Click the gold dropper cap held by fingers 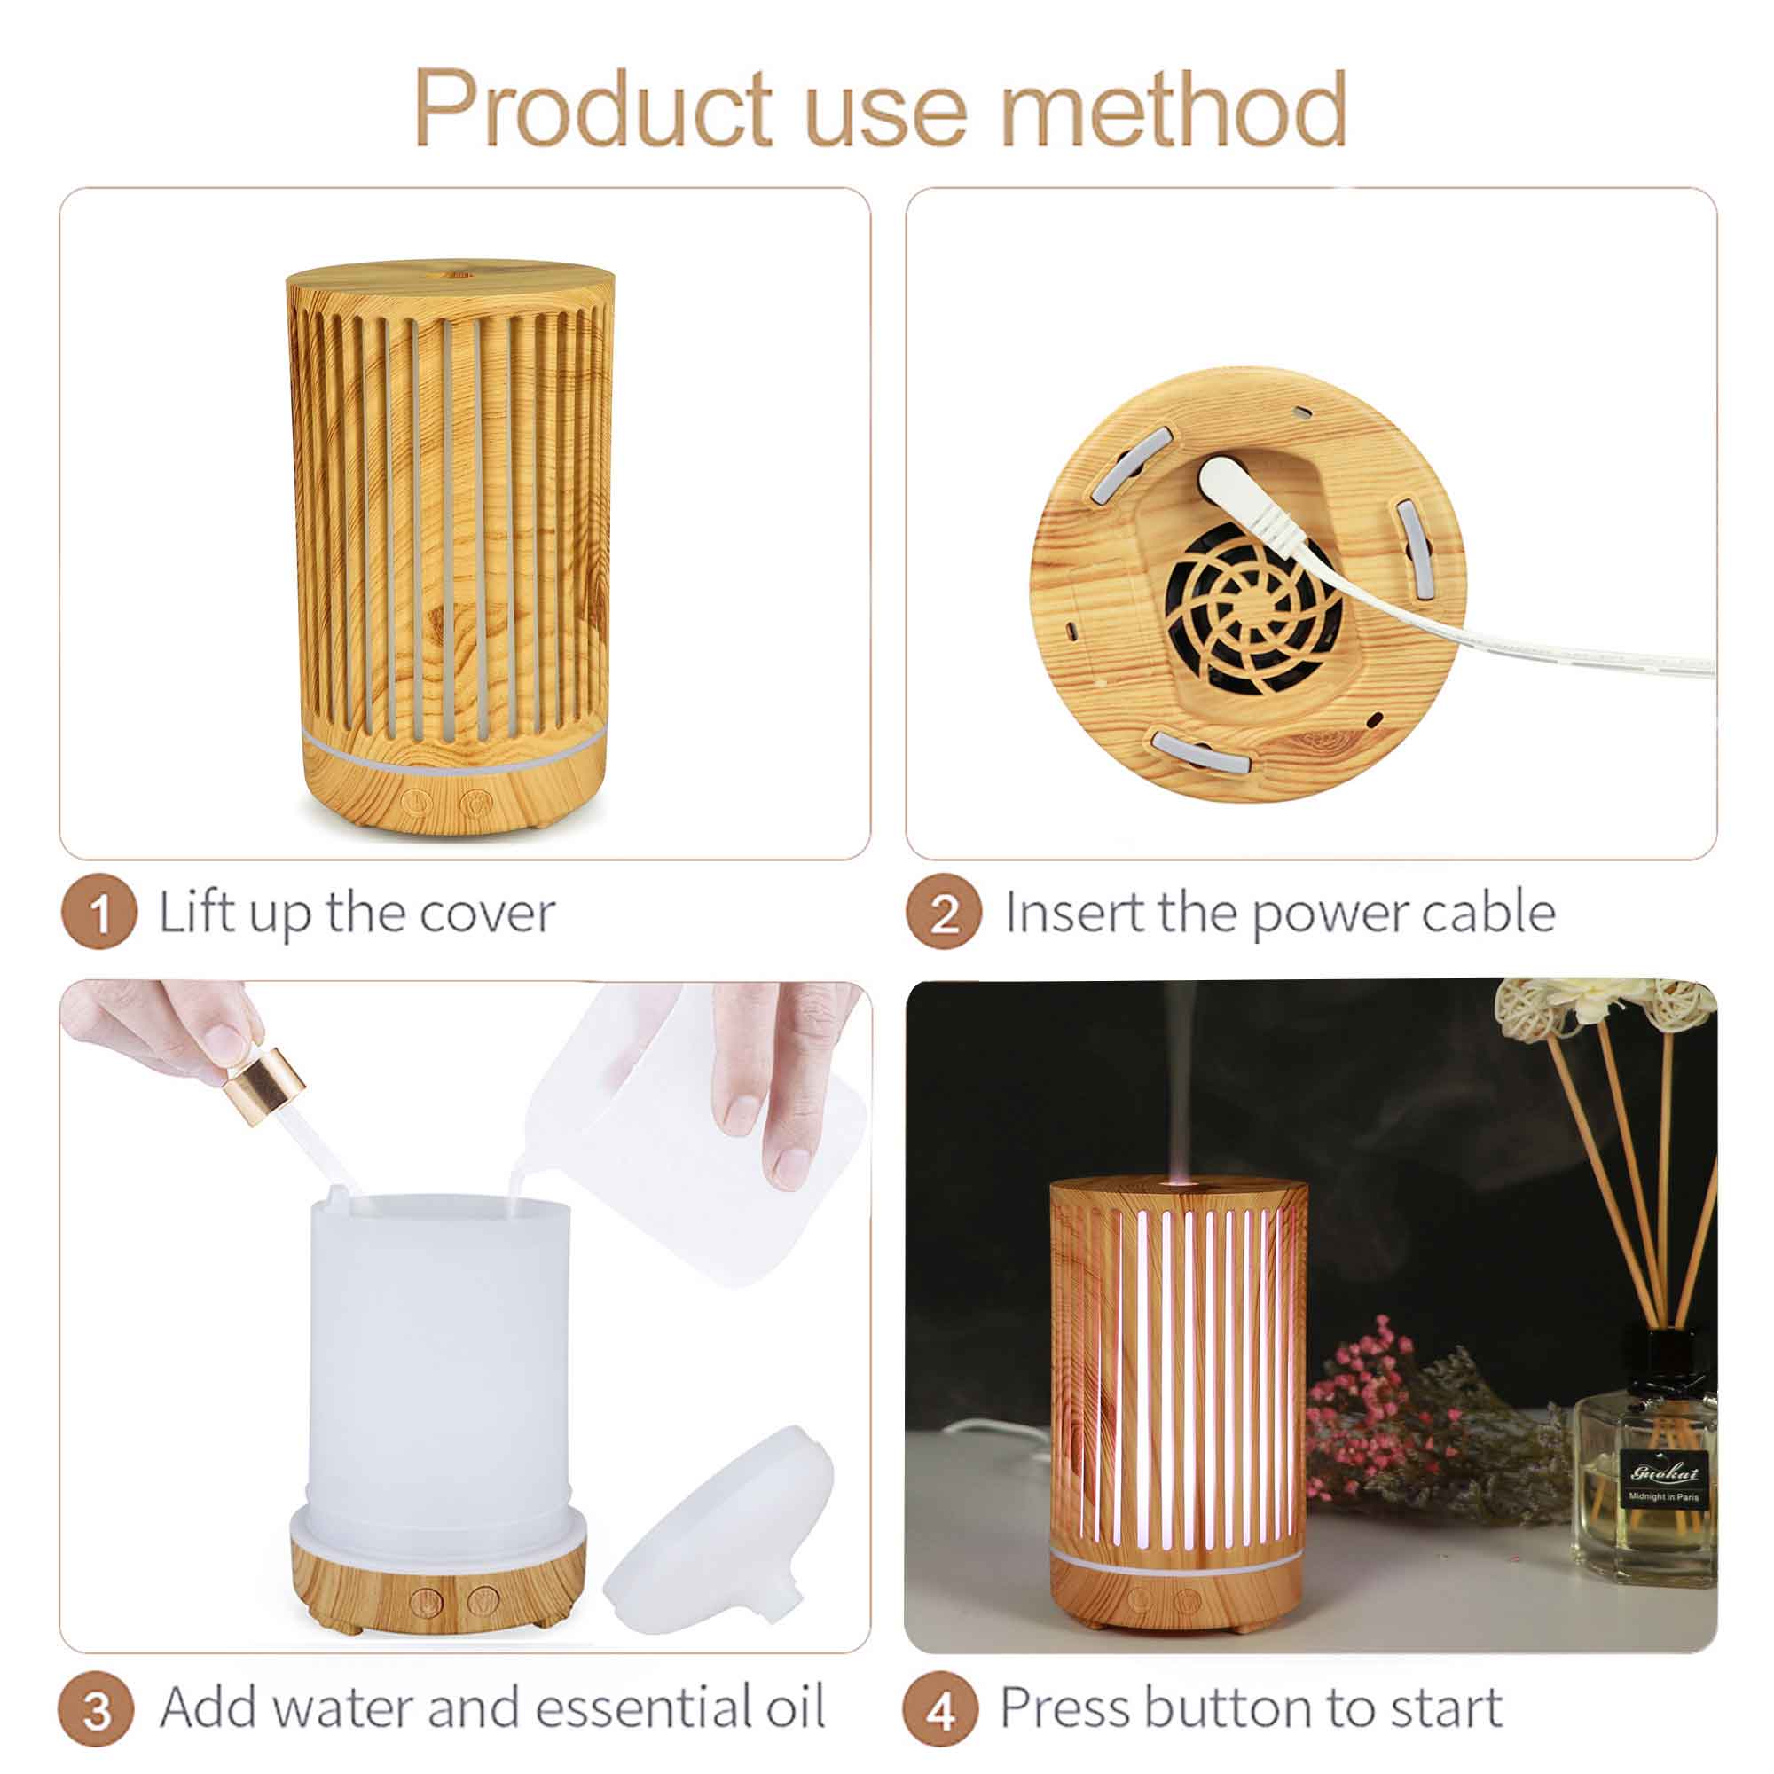coord(264,1079)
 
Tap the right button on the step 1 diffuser coord(475,802)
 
